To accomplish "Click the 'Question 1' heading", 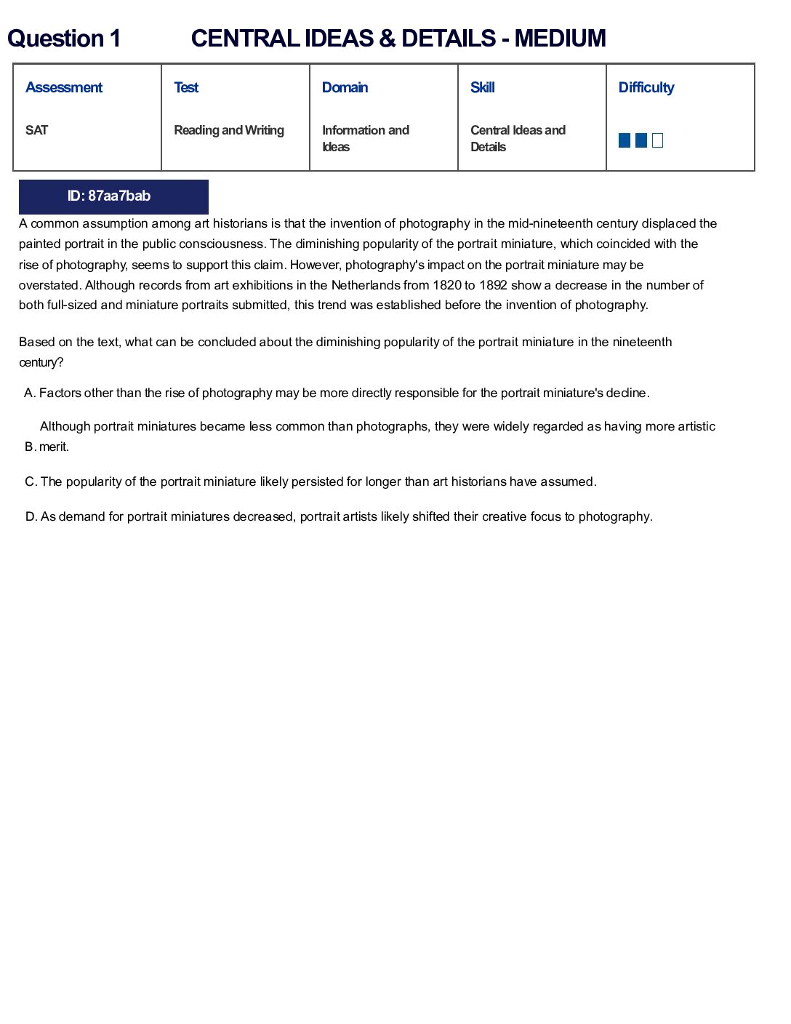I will point(64,39).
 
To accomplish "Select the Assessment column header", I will point(64,87).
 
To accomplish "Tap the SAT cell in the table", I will point(36,130).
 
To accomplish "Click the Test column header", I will point(186,87).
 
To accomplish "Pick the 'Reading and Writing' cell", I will point(229,130).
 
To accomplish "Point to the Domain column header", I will point(345,87).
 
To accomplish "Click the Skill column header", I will point(482,87).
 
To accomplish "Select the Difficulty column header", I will point(646,87).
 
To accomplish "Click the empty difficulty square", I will point(658,140).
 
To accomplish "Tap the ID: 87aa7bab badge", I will point(113,196).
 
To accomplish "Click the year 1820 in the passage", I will point(447,285).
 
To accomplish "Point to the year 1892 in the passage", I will point(493,285).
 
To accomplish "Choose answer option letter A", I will point(29,393).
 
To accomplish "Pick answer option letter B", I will point(30,447).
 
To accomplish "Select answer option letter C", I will point(31,482).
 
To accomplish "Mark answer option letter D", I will point(31,517).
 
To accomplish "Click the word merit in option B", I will point(53,447).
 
